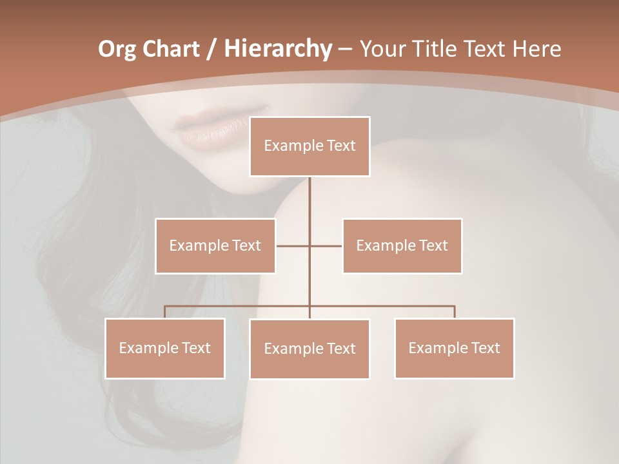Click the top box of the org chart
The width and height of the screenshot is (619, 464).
coord(309,146)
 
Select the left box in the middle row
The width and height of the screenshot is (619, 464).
coord(215,246)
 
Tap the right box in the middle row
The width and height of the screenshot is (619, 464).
coord(402,246)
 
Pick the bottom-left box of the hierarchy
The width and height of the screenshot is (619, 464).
coord(165,348)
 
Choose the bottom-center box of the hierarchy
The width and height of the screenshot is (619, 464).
coord(309,349)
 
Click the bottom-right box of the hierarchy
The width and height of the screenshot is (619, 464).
coord(454,348)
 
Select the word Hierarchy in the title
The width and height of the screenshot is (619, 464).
coord(277,49)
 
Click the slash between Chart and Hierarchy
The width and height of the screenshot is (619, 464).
coord(211,49)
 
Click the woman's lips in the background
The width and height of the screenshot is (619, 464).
coord(204,131)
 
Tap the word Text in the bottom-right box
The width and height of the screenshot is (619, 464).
coord(485,348)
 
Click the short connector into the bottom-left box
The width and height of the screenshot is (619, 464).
coord(165,312)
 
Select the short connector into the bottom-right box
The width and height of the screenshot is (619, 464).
coord(454,312)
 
